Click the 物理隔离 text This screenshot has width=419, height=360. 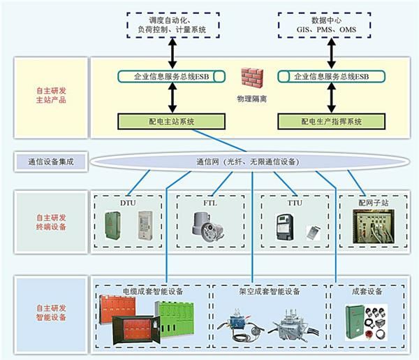pyautogui.click(x=253, y=99)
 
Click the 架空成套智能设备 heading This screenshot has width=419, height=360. pyautogui.click(x=270, y=290)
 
